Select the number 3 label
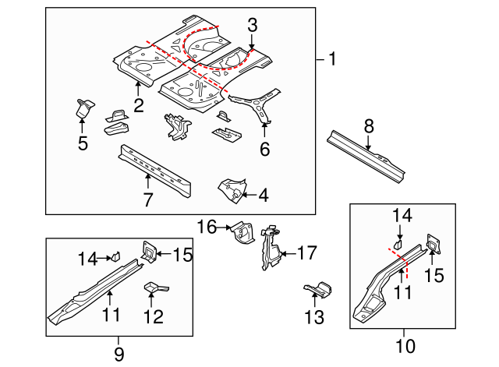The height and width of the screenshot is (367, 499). pos(252,25)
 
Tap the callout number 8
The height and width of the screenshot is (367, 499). pos(369,125)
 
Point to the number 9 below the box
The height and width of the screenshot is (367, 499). pos(119,354)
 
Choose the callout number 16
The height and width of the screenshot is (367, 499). pos(206,227)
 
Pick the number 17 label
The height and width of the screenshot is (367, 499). pos(307,252)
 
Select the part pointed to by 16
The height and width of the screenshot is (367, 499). pos(241,233)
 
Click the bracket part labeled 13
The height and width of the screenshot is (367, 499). pos(317,289)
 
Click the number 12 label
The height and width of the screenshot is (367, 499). pos(153,316)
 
